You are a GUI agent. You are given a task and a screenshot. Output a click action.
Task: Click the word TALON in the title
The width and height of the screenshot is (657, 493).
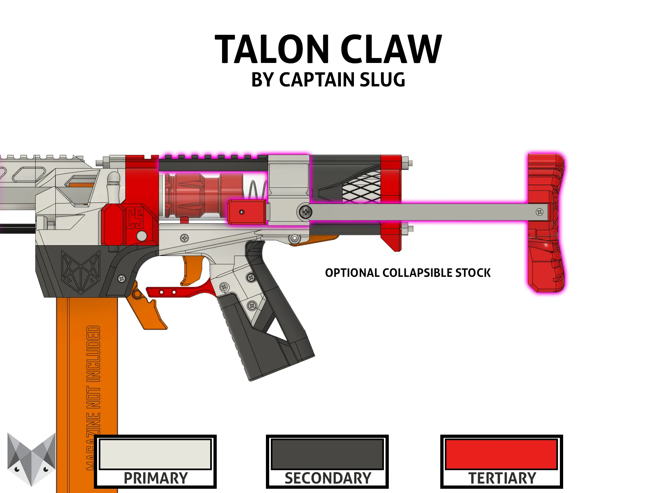tap(272, 50)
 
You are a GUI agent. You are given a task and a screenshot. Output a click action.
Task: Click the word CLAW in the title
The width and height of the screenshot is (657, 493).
tap(391, 50)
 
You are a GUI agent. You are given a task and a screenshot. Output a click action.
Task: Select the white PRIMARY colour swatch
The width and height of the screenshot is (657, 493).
tap(155, 454)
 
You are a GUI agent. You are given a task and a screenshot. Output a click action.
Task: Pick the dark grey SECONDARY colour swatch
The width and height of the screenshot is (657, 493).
tap(327, 454)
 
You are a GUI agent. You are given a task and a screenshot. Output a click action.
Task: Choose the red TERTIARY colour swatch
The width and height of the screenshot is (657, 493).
tap(501, 454)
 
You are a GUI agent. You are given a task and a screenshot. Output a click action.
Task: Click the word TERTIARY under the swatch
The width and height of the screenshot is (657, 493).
tap(502, 478)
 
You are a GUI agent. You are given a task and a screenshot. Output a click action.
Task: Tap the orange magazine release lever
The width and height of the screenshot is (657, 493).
tap(147, 310)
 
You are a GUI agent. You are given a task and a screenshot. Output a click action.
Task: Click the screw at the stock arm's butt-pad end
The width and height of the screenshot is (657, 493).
tap(539, 212)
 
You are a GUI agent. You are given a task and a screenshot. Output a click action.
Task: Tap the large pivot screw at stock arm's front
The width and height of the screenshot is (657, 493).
tap(306, 212)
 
